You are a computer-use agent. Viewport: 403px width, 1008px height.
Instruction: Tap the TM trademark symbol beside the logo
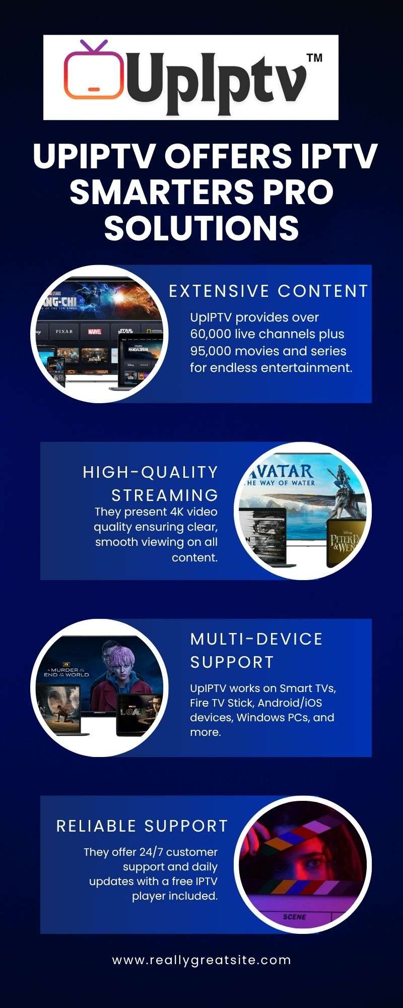(x=314, y=57)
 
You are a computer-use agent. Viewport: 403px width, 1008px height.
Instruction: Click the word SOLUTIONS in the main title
(x=201, y=228)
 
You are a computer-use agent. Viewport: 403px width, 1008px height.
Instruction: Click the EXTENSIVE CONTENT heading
(x=268, y=291)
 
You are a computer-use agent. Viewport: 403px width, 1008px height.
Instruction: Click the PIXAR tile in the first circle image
(x=64, y=332)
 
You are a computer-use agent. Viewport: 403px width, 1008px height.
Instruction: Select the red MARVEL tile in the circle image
(x=95, y=332)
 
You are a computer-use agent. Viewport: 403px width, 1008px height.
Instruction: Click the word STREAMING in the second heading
(x=165, y=495)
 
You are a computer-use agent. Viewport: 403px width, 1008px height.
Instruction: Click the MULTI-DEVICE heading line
(x=256, y=639)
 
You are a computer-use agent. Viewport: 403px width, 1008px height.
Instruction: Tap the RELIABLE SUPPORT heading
(x=142, y=826)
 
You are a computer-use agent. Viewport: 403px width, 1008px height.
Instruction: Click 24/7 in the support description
(x=151, y=852)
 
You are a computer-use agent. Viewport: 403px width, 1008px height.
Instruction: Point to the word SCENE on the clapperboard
(x=294, y=917)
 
